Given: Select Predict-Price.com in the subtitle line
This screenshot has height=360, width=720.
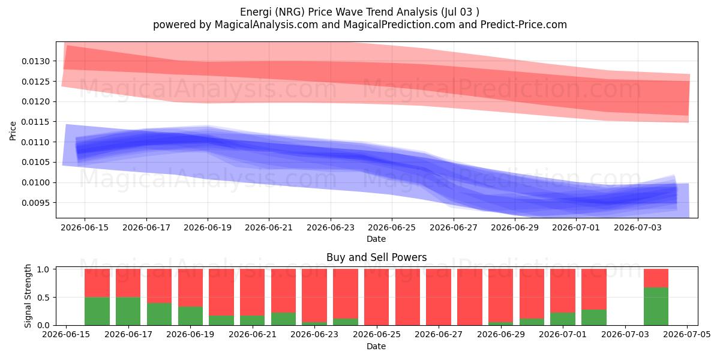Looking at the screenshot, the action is [524, 25].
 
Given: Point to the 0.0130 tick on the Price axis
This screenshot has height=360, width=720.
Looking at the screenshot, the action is [35, 61].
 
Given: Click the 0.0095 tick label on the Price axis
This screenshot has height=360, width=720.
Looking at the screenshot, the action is [35, 203].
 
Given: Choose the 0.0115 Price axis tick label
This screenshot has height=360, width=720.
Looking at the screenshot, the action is [35, 122].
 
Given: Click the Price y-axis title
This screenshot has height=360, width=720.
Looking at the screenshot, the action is [13, 131].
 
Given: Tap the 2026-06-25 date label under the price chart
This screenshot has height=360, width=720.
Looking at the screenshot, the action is [392, 227].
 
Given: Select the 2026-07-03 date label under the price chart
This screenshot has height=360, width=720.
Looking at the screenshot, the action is [638, 227].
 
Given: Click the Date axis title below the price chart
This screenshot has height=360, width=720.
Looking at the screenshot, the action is [376, 239].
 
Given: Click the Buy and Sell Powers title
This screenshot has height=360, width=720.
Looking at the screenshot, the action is [376, 257].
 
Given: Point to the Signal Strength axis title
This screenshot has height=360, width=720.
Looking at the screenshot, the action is [28, 296].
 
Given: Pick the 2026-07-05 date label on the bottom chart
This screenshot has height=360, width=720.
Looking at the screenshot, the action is [687, 334].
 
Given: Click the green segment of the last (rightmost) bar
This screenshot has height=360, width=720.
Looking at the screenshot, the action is [656, 307].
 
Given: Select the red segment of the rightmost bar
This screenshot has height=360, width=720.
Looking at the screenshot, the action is [656, 278].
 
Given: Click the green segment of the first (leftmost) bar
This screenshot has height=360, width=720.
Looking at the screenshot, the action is [97, 311].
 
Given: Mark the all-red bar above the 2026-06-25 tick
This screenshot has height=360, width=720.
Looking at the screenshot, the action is [376, 297].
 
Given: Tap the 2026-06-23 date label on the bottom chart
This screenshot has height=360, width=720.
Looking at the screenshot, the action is [314, 334].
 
